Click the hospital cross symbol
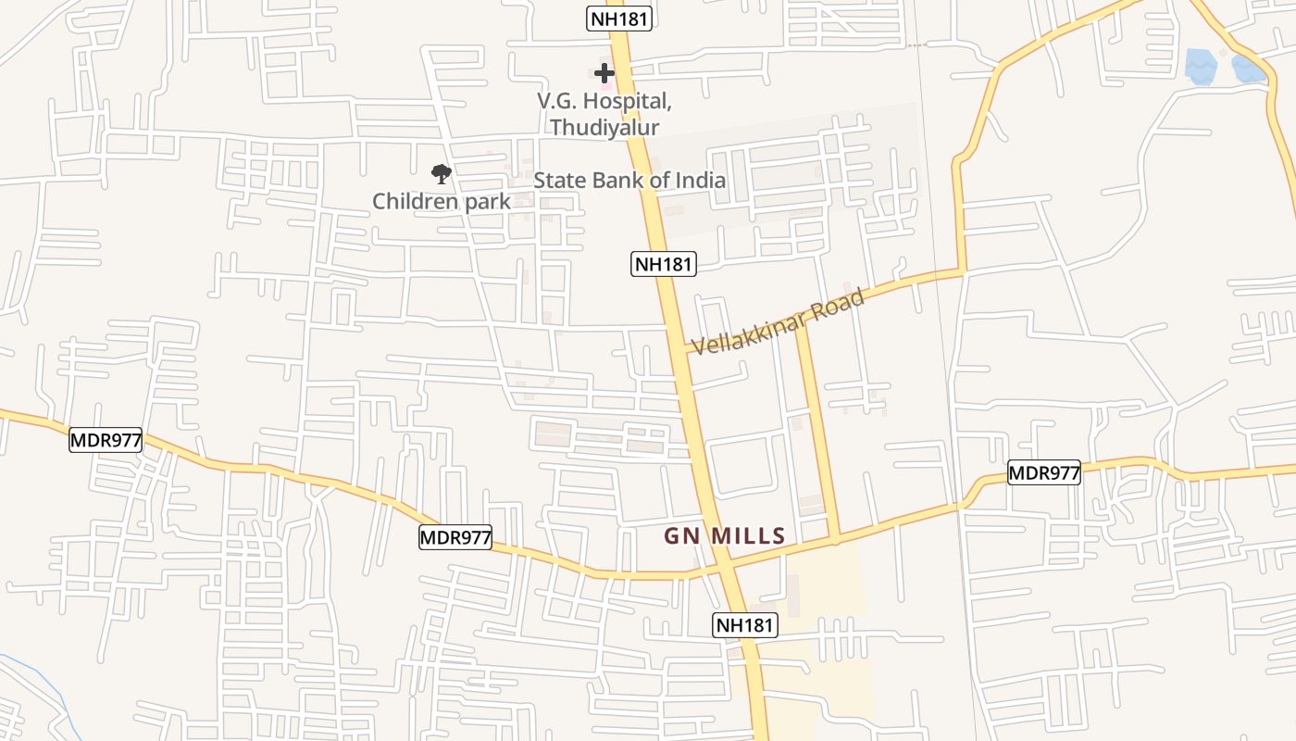604,72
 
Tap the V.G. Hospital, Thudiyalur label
605,113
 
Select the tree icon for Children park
442,173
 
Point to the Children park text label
442,201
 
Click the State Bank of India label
629,180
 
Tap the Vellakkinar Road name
779,321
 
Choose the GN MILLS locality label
725,535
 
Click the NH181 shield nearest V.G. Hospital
619,19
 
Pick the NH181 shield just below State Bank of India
664,264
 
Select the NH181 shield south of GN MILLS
745,625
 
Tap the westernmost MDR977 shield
106,440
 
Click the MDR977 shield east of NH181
1044,473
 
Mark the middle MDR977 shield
455,537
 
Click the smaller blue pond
1247,69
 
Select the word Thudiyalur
605,127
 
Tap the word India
694,180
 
